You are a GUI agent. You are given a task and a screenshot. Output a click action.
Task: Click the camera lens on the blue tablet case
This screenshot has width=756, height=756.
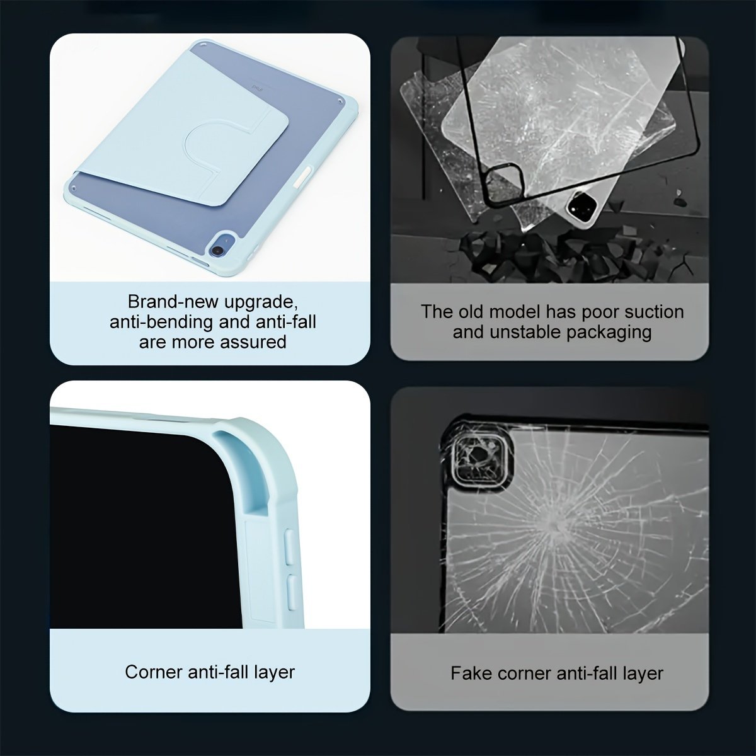[x=216, y=250]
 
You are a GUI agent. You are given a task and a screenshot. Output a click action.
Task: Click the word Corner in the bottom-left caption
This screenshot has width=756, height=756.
[x=154, y=672]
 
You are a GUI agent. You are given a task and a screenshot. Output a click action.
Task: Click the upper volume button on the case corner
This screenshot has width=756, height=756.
[x=290, y=546]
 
